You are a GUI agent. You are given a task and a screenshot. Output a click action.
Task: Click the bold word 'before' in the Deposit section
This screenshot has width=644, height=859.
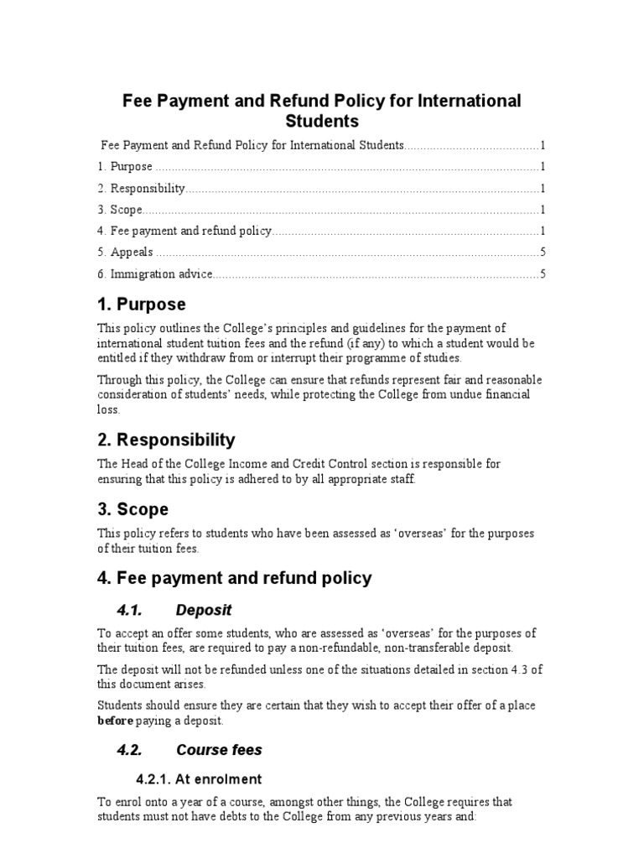(x=115, y=721)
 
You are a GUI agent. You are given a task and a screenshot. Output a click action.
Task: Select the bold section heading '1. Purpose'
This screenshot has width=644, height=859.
(x=142, y=304)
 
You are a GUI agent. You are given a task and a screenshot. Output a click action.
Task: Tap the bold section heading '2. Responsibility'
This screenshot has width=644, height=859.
(x=166, y=440)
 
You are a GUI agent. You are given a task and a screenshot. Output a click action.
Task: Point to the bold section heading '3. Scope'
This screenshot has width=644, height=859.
(x=132, y=509)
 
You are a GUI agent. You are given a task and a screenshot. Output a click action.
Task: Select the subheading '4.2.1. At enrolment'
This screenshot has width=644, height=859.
(x=200, y=779)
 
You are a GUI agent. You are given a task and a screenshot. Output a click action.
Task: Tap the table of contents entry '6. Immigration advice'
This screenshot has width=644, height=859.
(x=155, y=273)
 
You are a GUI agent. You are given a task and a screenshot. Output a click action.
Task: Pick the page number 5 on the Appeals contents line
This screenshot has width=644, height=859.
(x=543, y=252)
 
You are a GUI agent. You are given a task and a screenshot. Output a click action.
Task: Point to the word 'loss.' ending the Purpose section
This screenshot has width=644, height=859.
(x=109, y=410)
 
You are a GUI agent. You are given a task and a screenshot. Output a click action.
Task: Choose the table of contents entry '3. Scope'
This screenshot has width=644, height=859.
(x=120, y=210)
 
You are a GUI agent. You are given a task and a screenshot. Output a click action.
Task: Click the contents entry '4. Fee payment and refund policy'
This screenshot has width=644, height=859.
(x=184, y=231)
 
